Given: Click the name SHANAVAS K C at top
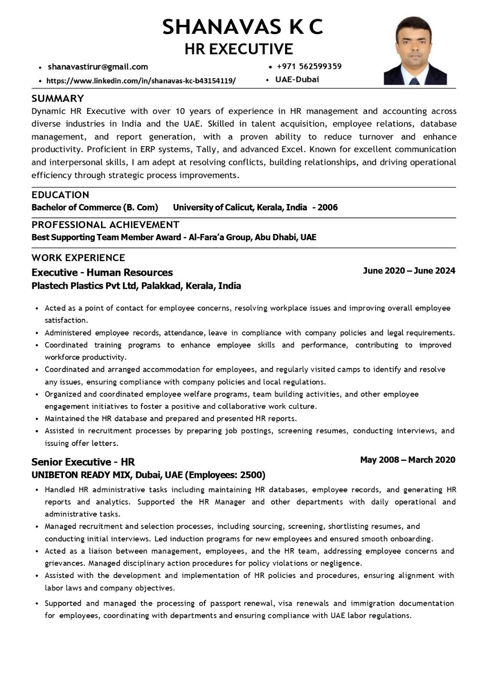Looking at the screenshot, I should [243, 27].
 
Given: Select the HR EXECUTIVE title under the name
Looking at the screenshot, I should [239, 49].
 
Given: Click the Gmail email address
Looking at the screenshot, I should [98, 67].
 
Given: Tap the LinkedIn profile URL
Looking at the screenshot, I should [141, 81].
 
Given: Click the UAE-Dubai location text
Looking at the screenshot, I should [297, 80].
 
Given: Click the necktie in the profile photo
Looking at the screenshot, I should [415, 80].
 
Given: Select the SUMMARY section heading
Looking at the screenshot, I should [58, 99].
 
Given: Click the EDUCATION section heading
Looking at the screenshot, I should [60, 195].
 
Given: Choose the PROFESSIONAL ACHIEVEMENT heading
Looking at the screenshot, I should [105, 225].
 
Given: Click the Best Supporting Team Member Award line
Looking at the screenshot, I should [173, 237].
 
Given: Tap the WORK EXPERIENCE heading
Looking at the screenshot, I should [78, 258].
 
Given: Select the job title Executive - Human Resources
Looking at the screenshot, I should [102, 273].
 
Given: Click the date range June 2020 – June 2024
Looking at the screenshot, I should [409, 271].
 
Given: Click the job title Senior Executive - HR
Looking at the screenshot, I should [83, 462].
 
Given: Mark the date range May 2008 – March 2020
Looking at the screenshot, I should [407, 460].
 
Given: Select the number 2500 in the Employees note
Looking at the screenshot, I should [252, 475].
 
